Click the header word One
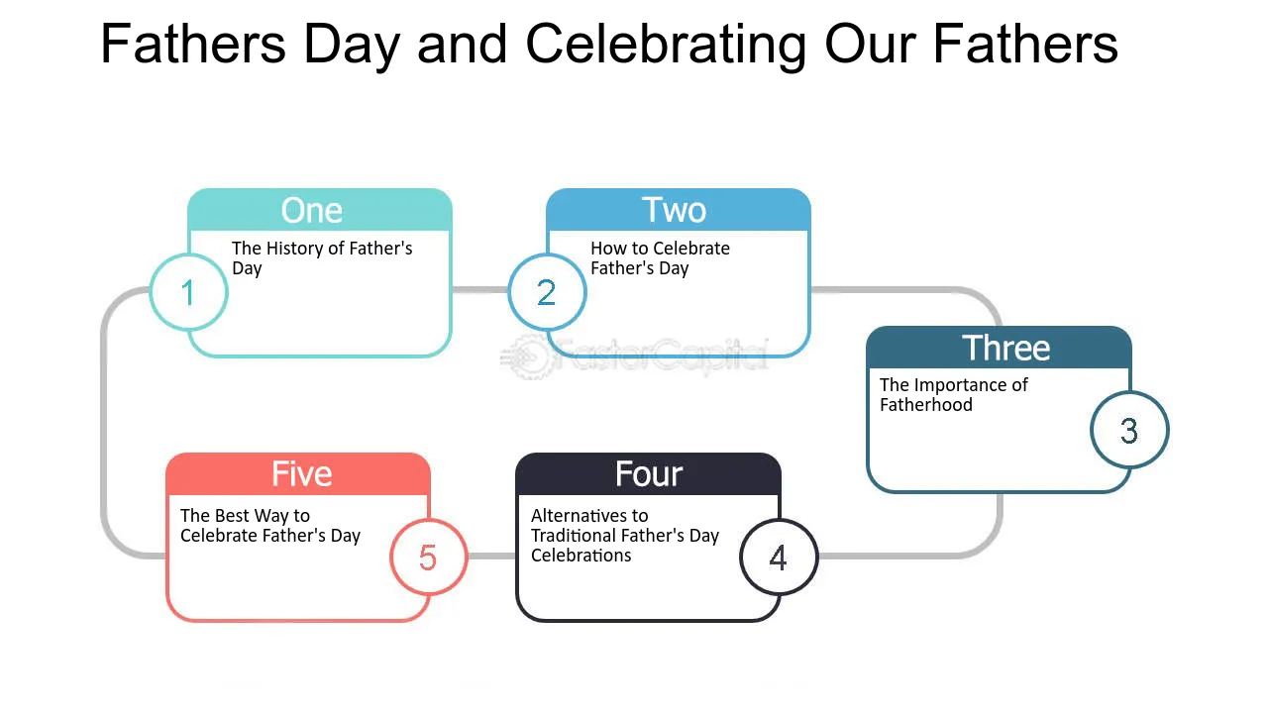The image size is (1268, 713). (312, 211)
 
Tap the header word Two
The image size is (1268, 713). (675, 210)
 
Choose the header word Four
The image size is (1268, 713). (649, 474)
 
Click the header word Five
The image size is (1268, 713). (302, 474)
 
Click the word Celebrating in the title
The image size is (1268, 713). (667, 46)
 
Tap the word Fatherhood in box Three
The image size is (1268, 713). (926, 405)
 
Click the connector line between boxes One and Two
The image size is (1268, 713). (480, 290)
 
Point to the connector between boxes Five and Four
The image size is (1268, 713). (492, 557)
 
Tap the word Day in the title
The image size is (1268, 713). (352, 46)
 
